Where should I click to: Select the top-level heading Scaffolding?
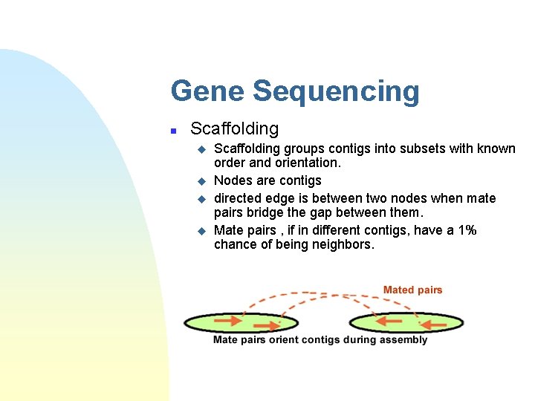pos(234,128)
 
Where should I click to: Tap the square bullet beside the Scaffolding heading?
pos(172,130)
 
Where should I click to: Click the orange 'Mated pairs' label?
pos(412,290)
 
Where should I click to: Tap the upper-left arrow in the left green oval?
pos(228,321)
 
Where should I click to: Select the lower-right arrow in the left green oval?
pos(267,325)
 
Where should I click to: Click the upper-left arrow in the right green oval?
pos(388,321)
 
